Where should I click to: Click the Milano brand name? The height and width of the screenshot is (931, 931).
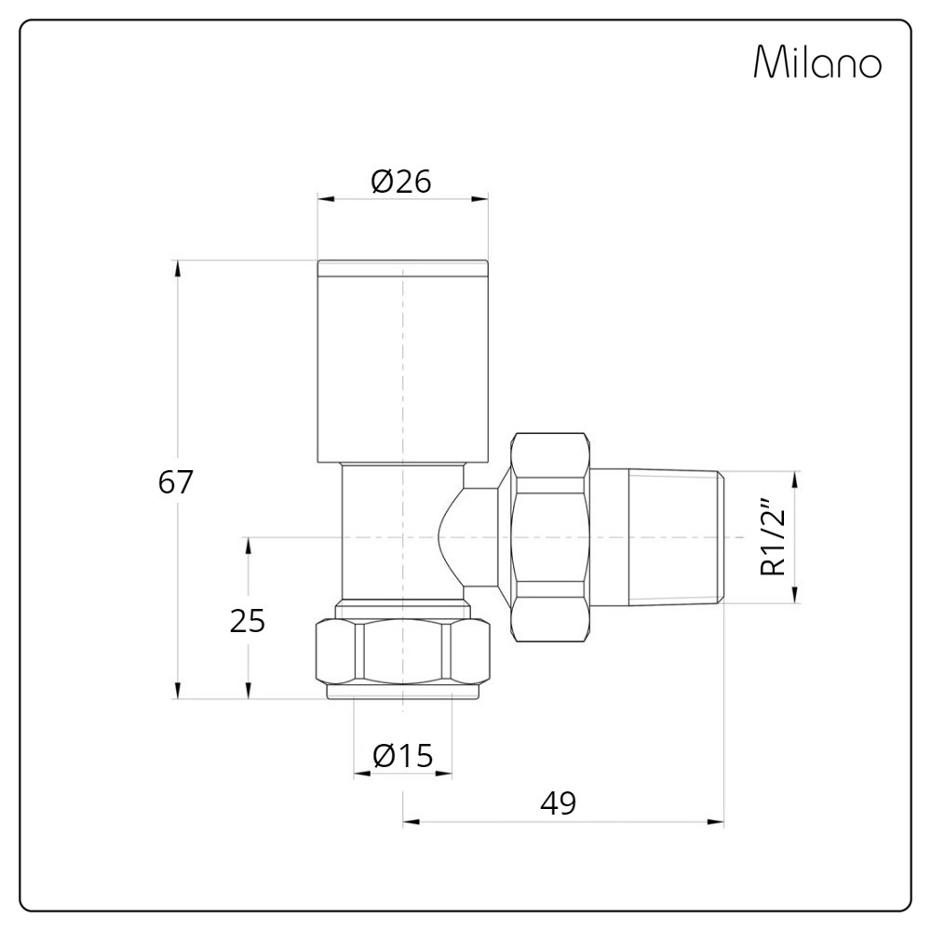point(817,61)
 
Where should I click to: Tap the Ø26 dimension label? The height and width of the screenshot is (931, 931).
point(401,182)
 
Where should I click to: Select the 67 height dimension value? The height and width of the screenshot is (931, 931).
point(176,482)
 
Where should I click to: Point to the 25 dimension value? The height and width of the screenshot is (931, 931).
point(248,622)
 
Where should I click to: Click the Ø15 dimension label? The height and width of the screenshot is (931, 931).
point(403,756)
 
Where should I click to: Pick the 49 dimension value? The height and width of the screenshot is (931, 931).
point(559,803)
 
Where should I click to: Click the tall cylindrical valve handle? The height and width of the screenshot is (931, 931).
point(402,361)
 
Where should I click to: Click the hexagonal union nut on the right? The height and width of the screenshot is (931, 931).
point(551,537)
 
